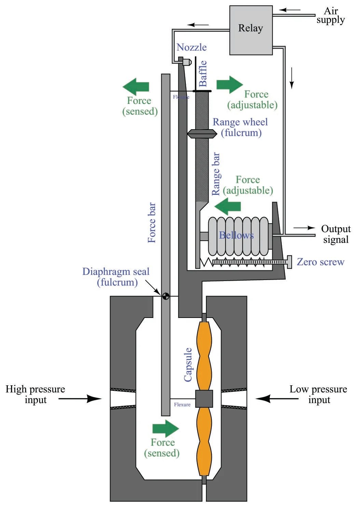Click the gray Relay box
[251, 30]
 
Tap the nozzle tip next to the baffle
[187, 62]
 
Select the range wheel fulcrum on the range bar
[202, 134]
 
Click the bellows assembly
[238, 236]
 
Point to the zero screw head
[289, 262]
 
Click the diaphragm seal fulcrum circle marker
[165, 296]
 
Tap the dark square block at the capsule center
[204, 399]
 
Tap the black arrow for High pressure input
[80, 399]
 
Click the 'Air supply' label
[330, 15]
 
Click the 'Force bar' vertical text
[152, 223]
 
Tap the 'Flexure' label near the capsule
[182, 404]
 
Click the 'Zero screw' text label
[320, 262]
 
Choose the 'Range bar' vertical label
[216, 174]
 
